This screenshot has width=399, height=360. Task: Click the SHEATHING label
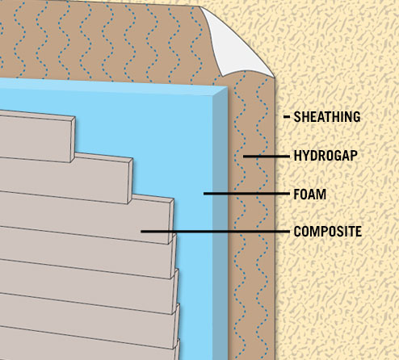[x=327, y=117]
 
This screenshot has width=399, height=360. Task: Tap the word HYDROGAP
[x=325, y=156]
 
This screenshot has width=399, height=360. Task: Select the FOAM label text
[x=309, y=194]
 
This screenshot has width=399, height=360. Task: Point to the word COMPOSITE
[x=328, y=232]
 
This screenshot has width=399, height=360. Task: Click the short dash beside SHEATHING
[x=287, y=117]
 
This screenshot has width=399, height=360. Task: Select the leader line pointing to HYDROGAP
[x=267, y=156]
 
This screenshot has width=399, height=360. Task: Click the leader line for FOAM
[x=246, y=194]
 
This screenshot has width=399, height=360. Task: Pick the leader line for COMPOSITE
[x=215, y=232]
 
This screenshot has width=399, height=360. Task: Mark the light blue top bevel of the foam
[x=113, y=86]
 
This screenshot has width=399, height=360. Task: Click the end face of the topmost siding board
[x=73, y=140]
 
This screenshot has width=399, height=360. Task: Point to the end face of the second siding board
[x=130, y=181]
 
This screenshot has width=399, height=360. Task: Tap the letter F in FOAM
[x=297, y=194]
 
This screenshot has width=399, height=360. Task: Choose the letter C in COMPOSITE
[x=298, y=232]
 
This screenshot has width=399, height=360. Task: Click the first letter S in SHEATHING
[x=297, y=117]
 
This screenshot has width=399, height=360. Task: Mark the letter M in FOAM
[x=321, y=194]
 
